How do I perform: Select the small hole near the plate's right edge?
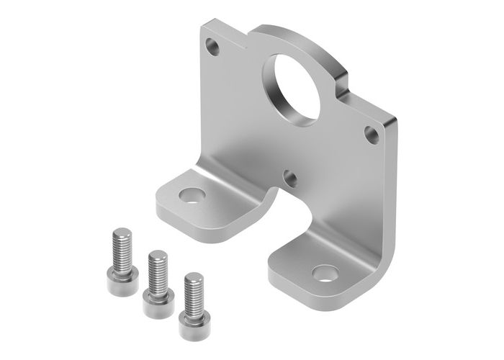click(x=371, y=132)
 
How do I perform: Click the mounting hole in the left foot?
click(x=191, y=195)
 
